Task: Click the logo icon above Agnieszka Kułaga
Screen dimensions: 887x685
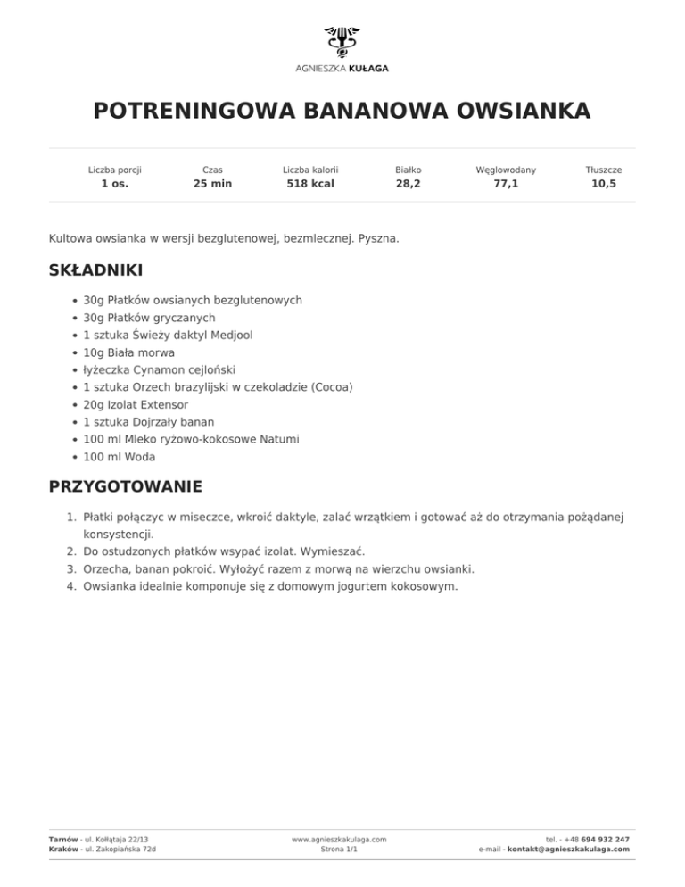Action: (342, 41)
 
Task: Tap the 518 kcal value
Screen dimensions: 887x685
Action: (309, 185)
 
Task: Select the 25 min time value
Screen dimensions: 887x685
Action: (212, 185)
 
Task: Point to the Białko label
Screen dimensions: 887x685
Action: (409, 169)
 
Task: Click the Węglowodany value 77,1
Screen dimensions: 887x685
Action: (506, 185)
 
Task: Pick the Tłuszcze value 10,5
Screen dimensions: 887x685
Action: (604, 185)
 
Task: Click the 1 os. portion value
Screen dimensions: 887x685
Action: (114, 185)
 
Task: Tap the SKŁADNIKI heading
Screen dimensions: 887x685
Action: (95, 269)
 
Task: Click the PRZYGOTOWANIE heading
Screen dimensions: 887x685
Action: (125, 486)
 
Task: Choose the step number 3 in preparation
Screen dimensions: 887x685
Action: (70, 568)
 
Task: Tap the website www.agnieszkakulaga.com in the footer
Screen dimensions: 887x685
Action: (339, 840)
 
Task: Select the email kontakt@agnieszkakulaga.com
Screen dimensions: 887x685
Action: (568, 850)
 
